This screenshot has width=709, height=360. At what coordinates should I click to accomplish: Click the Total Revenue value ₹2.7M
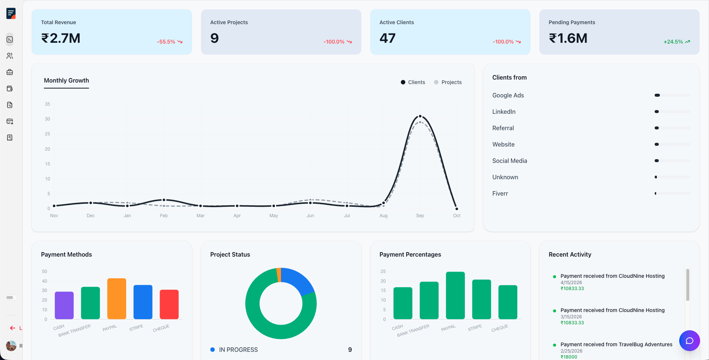(x=61, y=38)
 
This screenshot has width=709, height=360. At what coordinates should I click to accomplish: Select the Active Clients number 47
(x=387, y=38)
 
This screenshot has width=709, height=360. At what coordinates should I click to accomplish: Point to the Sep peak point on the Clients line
(x=420, y=116)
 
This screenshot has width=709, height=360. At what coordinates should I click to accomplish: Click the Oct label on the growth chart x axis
(x=457, y=216)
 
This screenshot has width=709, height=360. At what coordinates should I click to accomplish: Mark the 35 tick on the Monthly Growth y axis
(x=47, y=104)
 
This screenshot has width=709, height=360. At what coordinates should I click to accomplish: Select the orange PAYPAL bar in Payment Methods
(x=117, y=299)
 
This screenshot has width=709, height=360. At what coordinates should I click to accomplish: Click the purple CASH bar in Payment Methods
(x=64, y=305)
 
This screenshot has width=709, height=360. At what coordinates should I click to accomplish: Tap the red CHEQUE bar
(x=169, y=304)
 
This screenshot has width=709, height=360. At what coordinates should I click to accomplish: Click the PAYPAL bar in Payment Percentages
(x=455, y=295)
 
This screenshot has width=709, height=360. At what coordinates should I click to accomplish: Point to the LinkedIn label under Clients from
(x=504, y=112)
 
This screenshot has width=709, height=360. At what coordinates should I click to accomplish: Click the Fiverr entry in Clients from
(x=500, y=193)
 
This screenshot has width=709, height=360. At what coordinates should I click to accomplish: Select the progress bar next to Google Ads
(x=672, y=95)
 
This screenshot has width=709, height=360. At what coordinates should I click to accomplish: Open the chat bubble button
(x=689, y=341)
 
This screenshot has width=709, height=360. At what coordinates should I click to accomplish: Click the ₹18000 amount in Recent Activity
(x=569, y=357)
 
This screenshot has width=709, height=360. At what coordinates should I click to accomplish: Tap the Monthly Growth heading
(x=66, y=80)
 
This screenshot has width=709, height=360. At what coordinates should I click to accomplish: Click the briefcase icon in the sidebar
(x=10, y=72)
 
